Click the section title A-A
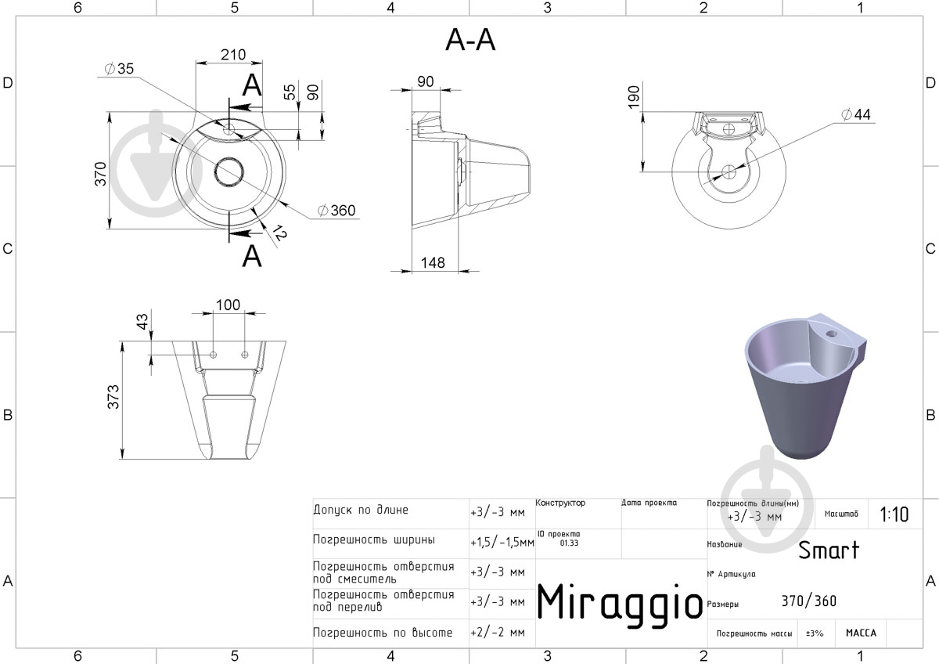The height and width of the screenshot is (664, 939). point(470,40)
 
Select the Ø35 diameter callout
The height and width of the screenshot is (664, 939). point(118,69)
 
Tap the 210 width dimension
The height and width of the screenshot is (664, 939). point(232,55)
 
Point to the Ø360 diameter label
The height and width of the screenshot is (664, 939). point(336,210)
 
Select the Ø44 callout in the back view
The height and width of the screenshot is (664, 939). point(855,115)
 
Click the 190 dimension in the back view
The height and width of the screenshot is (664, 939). point(634,97)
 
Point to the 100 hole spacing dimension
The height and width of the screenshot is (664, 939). point(228,305)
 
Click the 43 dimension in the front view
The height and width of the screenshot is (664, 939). point(142,321)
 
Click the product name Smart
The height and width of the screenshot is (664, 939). point(828,550)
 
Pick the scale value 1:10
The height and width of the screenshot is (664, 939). point(894,514)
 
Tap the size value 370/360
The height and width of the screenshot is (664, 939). point(808,601)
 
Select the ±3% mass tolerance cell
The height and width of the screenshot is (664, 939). point(815,633)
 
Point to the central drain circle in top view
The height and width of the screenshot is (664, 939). point(229,172)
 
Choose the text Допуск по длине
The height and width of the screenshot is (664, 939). point(360,511)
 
